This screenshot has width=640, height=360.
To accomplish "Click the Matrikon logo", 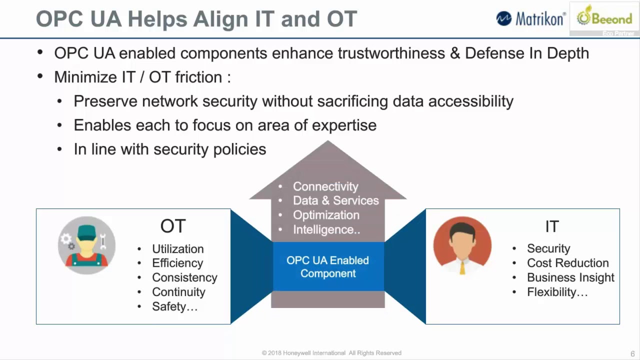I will point(530,18).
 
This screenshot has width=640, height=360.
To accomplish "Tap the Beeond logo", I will point(604,18).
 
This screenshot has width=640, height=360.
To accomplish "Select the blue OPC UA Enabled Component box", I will point(328,266).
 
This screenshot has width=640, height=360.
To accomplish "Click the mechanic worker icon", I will point(86,245).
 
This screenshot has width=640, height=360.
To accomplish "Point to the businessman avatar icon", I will point(462,245).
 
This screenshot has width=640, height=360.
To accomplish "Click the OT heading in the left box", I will point(173,226).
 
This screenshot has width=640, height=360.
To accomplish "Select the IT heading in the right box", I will point(551,226).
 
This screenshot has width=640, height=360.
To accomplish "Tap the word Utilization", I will point(177,248).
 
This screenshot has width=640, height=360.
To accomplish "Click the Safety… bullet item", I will point(174,306).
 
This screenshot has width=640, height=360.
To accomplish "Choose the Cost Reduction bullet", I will point(567,263).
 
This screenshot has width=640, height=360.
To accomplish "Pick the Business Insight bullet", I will point(570,277).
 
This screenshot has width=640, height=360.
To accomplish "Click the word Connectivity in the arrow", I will point(325,186).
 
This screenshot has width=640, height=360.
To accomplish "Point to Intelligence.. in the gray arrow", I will point(326,229).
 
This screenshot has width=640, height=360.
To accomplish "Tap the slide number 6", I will point(632,353).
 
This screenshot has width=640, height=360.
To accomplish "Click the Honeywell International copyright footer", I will point(331,353).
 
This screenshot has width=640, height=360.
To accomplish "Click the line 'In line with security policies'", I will point(169,149).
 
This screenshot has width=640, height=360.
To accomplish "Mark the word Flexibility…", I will point(557,292).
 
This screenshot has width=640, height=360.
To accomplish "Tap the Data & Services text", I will point(335,200).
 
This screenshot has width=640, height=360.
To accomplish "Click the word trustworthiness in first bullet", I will point(391,53).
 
